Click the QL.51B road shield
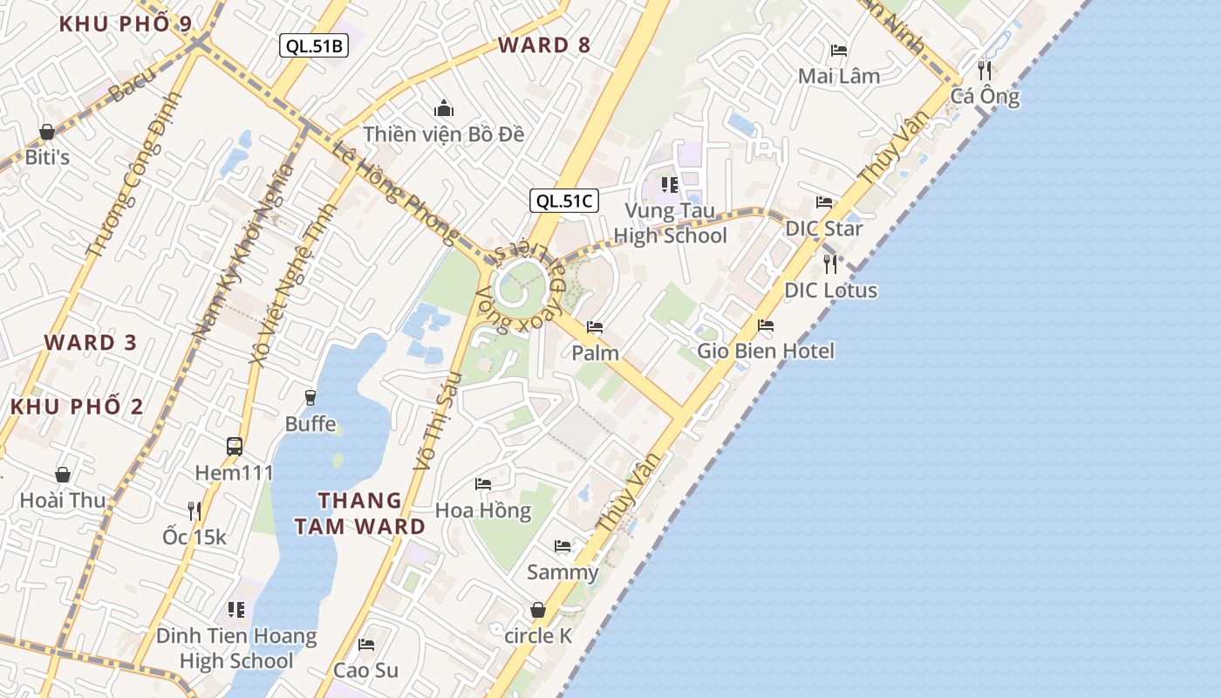(x=314, y=46)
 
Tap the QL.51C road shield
(x=564, y=201)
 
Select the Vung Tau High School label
(x=670, y=223)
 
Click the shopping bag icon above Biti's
(x=47, y=132)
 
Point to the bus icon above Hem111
(x=235, y=447)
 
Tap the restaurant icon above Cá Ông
(x=985, y=70)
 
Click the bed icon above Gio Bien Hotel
(x=766, y=325)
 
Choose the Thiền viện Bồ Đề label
(x=444, y=134)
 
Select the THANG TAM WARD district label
(x=359, y=513)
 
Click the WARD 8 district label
(x=544, y=45)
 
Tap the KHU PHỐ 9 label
(x=126, y=24)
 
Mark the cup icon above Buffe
(x=310, y=398)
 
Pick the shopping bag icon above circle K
(x=538, y=610)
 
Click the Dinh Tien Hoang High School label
(x=236, y=648)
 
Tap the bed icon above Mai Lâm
(x=839, y=51)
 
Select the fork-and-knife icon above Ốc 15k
(x=194, y=510)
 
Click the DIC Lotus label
(x=830, y=291)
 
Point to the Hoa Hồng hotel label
(x=483, y=510)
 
